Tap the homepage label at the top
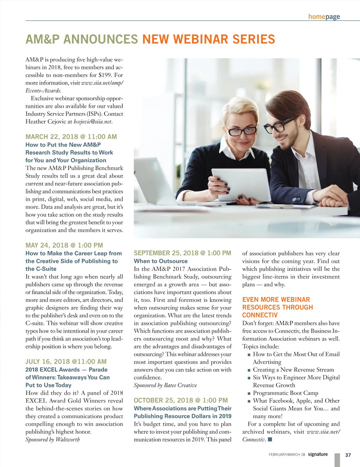324,16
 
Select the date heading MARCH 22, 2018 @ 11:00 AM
71,137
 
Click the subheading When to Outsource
160,261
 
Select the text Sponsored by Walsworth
52,439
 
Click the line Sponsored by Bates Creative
165,385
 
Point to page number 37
348,455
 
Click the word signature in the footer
318,454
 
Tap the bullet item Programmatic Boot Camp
285,393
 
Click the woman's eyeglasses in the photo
241,130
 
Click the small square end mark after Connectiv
270,439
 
